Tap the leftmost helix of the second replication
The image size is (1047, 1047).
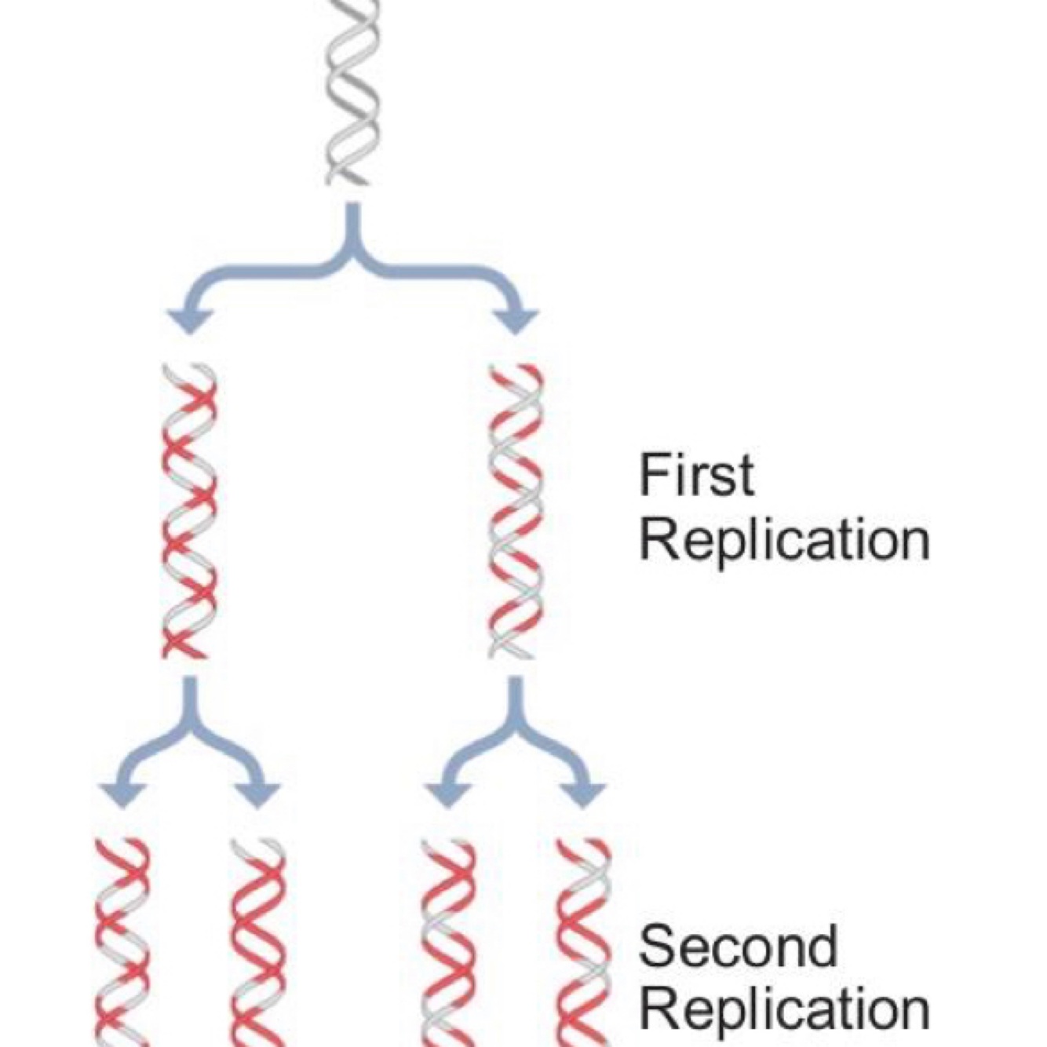pos(122,942)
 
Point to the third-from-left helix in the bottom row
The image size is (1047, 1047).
pos(448,942)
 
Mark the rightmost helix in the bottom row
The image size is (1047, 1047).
pos(583,942)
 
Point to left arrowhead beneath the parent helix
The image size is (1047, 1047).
pos(189,320)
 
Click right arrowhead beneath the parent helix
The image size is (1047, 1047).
pos(516,320)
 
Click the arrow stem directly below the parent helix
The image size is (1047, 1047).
pos(353,228)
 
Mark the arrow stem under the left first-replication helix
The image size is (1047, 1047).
pos(189,699)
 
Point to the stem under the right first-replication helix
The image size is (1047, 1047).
pos(516,699)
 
